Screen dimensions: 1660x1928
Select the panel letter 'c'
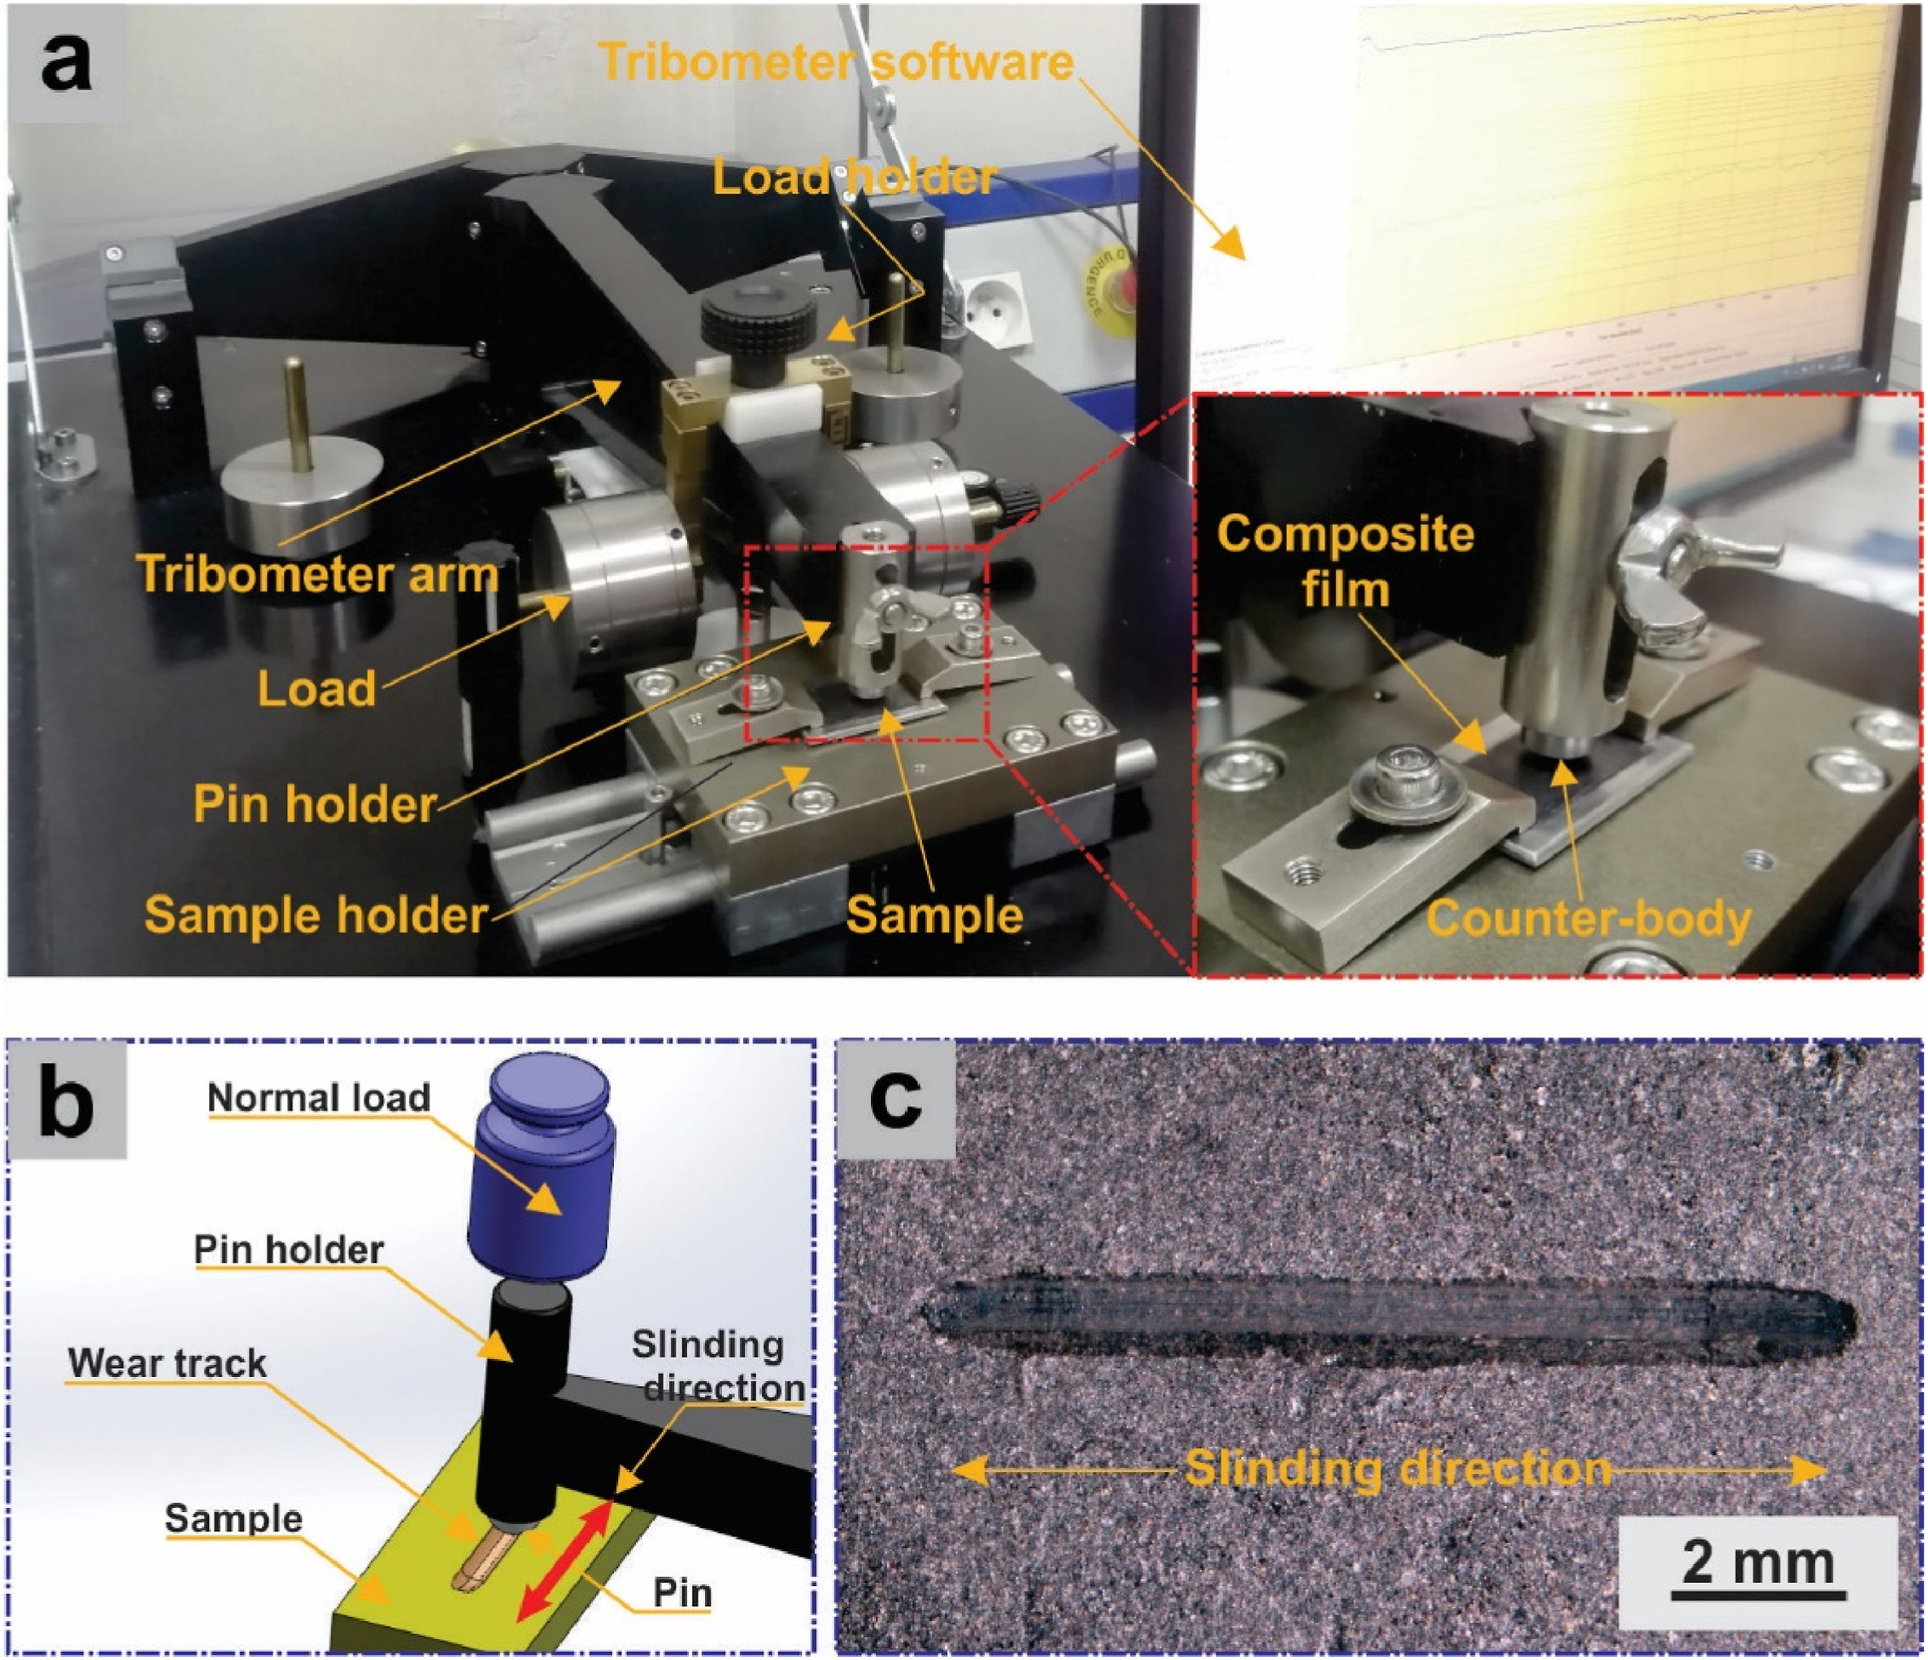point(895,1099)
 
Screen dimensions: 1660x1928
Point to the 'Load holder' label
point(853,176)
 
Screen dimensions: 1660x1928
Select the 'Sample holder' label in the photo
point(316,916)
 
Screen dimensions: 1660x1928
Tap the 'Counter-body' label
point(1588,918)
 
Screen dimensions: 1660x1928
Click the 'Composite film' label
point(1345,561)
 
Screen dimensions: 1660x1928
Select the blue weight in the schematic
point(541,1173)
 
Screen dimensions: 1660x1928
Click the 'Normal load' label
point(318,1098)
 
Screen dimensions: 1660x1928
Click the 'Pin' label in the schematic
point(682,1593)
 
